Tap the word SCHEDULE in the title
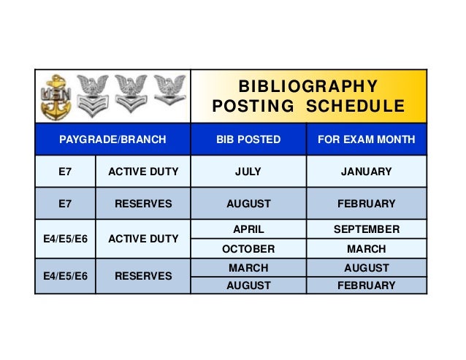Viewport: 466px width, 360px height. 354,107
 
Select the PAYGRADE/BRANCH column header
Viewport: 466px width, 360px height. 112,139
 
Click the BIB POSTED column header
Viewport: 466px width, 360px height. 248,139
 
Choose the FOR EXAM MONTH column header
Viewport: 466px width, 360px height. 367,139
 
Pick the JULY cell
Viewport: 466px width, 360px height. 248,172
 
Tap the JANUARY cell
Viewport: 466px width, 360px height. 367,172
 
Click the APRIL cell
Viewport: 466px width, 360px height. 248,229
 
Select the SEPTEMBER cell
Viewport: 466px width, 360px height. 367,229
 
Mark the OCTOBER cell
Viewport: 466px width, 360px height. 248,249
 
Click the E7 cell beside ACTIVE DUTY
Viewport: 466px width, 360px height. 65,172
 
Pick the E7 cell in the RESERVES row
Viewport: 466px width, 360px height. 65,204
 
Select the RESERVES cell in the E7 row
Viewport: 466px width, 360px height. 142,204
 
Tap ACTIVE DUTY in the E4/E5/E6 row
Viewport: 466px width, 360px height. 142,239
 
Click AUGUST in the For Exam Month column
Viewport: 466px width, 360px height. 367,268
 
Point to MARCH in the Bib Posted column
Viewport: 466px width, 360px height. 248,268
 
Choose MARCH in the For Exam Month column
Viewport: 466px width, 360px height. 367,249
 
